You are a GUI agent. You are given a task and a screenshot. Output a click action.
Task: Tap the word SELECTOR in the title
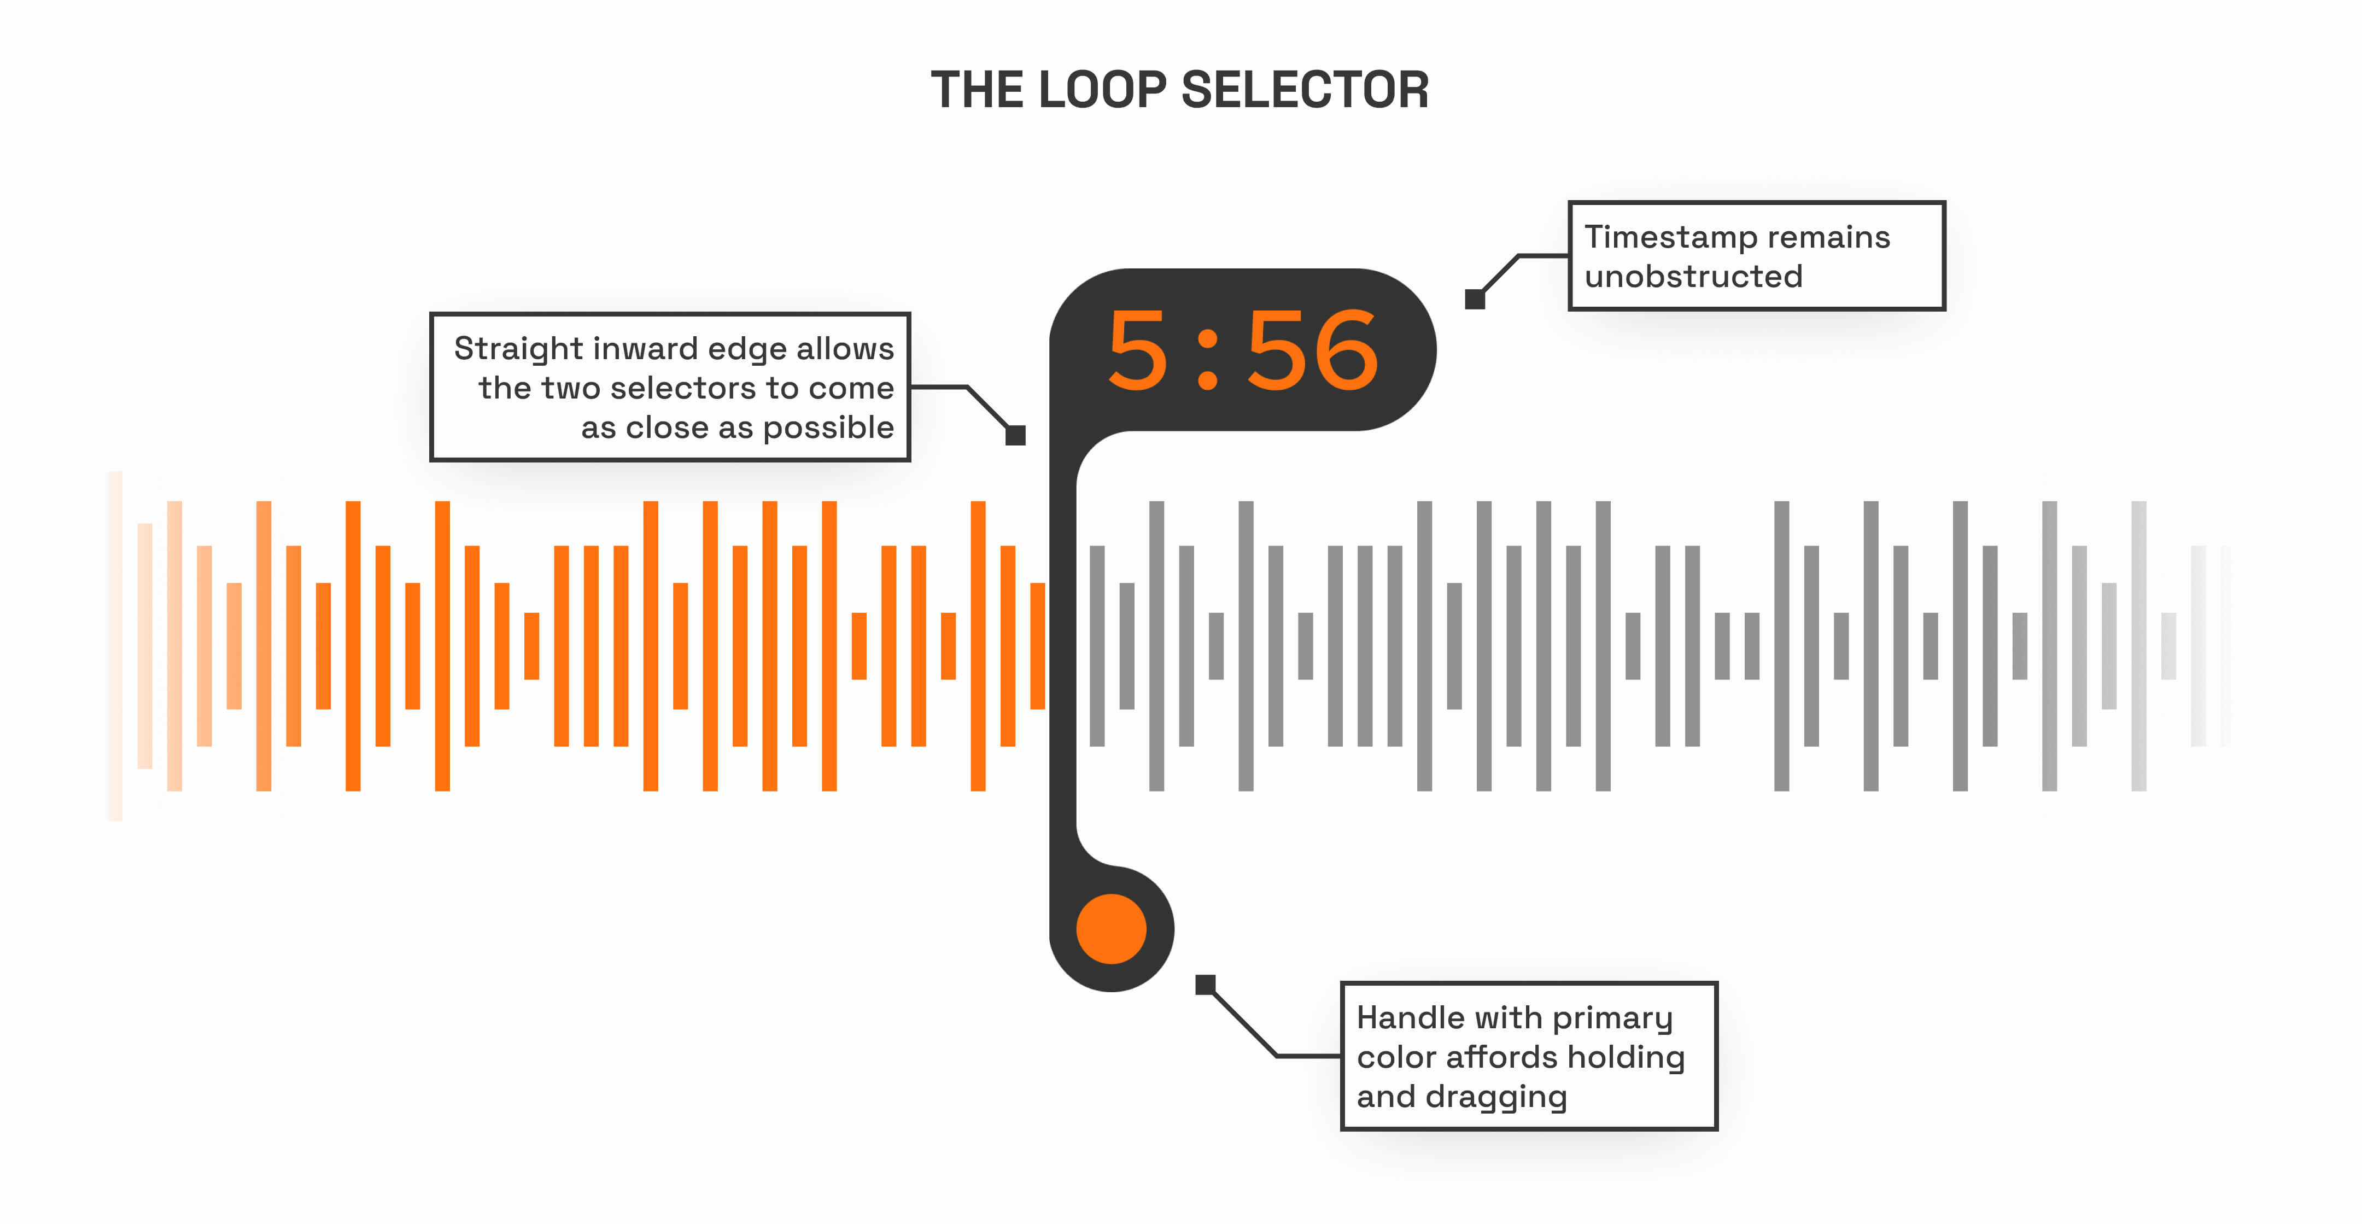pos(1304,90)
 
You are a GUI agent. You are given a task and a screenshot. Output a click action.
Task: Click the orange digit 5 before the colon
pos(1137,350)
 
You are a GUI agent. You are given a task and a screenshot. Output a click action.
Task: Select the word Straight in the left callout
pos(518,349)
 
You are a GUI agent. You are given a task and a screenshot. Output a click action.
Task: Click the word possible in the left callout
pos(828,428)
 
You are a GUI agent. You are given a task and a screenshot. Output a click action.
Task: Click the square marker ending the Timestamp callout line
pos(1475,299)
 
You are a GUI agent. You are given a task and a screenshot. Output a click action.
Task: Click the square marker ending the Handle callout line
pos(1205,985)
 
